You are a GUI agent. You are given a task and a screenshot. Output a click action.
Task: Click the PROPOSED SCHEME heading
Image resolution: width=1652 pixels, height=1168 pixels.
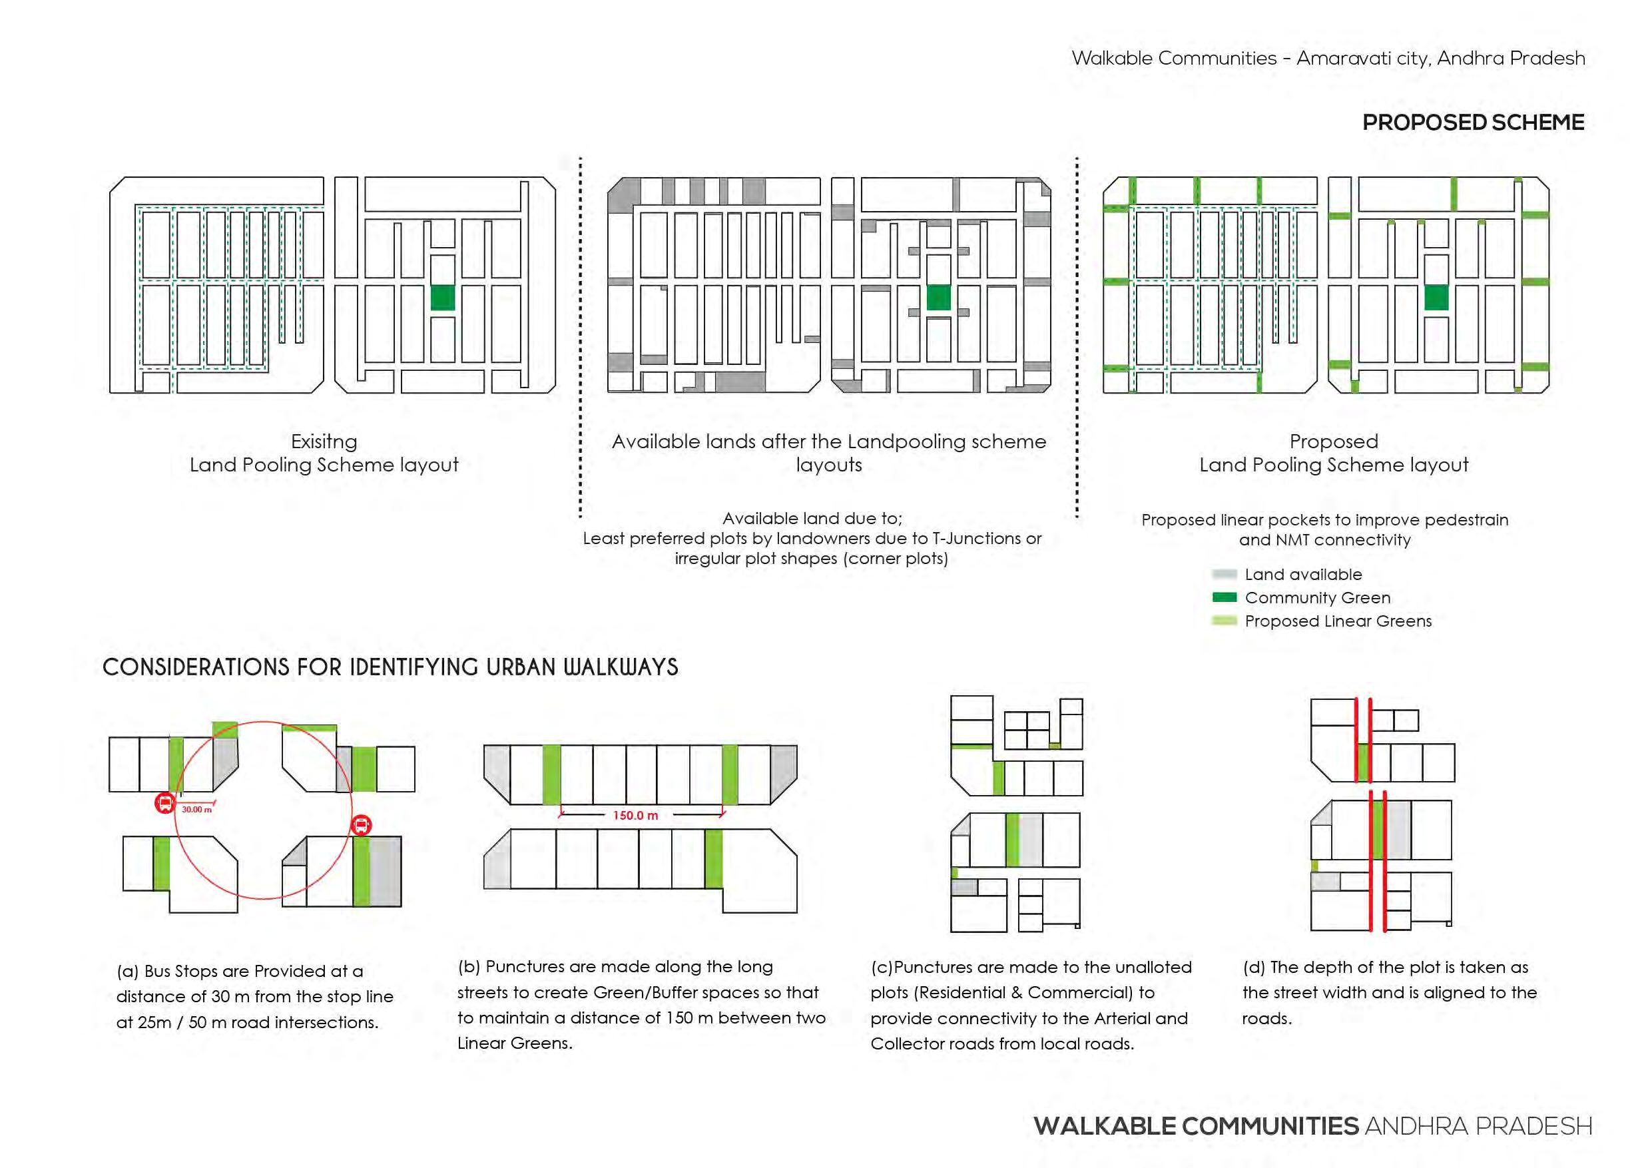tap(1473, 123)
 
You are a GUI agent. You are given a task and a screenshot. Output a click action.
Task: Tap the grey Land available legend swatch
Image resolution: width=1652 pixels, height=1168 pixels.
tap(1224, 574)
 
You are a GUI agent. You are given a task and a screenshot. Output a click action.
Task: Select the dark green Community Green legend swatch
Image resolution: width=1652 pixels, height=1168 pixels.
tap(1224, 597)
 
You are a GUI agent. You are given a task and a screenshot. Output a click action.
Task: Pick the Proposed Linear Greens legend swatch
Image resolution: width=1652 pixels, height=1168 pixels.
tap(1224, 621)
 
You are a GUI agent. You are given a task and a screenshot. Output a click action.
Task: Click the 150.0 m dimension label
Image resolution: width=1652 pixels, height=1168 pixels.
tap(635, 815)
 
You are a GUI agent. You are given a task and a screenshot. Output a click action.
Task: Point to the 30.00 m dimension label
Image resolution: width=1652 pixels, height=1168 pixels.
tap(196, 810)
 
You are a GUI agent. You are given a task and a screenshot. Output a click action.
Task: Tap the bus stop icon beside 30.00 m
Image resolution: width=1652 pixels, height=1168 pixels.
tap(164, 803)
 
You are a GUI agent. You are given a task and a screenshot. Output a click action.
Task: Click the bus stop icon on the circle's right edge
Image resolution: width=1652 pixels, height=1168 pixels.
tap(361, 824)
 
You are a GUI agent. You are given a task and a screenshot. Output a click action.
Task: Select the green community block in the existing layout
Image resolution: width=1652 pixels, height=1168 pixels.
tap(443, 297)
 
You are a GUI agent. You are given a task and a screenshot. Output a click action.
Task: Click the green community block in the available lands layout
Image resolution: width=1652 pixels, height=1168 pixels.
tap(938, 297)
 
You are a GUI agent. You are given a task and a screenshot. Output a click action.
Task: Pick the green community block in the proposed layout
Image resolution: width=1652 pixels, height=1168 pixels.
tap(1436, 297)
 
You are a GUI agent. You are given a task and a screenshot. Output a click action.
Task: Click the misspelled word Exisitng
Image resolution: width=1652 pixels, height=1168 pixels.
tap(324, 441)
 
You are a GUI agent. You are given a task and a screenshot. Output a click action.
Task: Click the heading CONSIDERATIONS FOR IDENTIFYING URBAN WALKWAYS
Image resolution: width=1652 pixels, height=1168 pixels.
tap(390, 667)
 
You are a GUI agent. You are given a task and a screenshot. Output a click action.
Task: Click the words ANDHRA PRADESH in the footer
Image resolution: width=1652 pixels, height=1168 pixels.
tap(1478, 1126)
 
